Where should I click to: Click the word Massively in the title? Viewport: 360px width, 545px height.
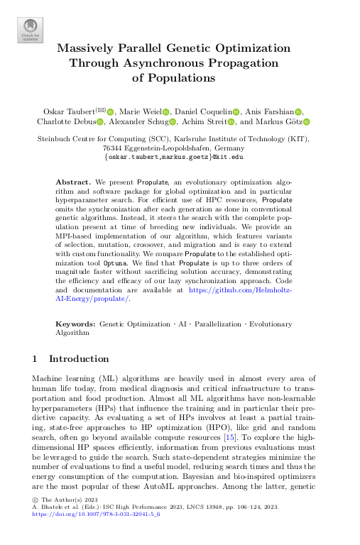pyautogui.click(x=90, y=49)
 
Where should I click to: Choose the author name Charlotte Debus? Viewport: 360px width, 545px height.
pyautogui.click(x=65, y=121)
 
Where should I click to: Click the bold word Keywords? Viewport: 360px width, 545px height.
pyautogui.click(x=76, y=324)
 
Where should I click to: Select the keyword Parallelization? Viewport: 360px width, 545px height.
pyautogui.click(x=208, y=324)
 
